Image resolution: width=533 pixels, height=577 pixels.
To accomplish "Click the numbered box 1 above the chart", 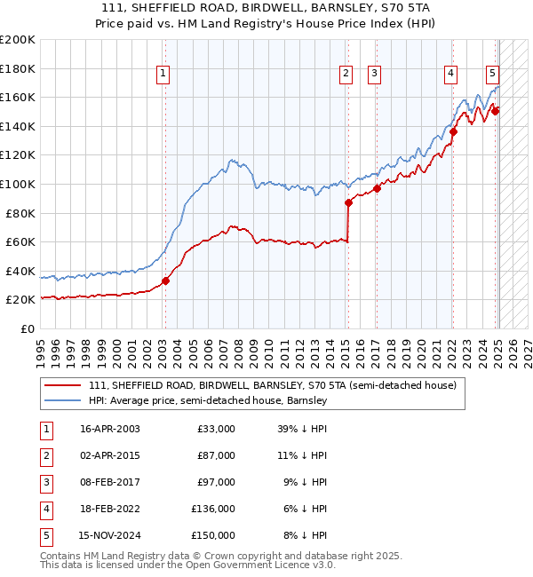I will pos(164,75).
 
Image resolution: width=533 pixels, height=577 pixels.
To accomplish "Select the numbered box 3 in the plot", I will pos(375,75).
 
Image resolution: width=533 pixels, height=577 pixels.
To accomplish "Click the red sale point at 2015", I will pos(348,202).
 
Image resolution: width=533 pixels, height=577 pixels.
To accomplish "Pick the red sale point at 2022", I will pos(453,132).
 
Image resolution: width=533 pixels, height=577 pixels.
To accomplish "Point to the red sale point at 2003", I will pos(165,281).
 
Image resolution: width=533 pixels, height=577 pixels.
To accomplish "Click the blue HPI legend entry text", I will pos(208,400).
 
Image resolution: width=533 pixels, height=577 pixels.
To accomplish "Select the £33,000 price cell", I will pos(216,429).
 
